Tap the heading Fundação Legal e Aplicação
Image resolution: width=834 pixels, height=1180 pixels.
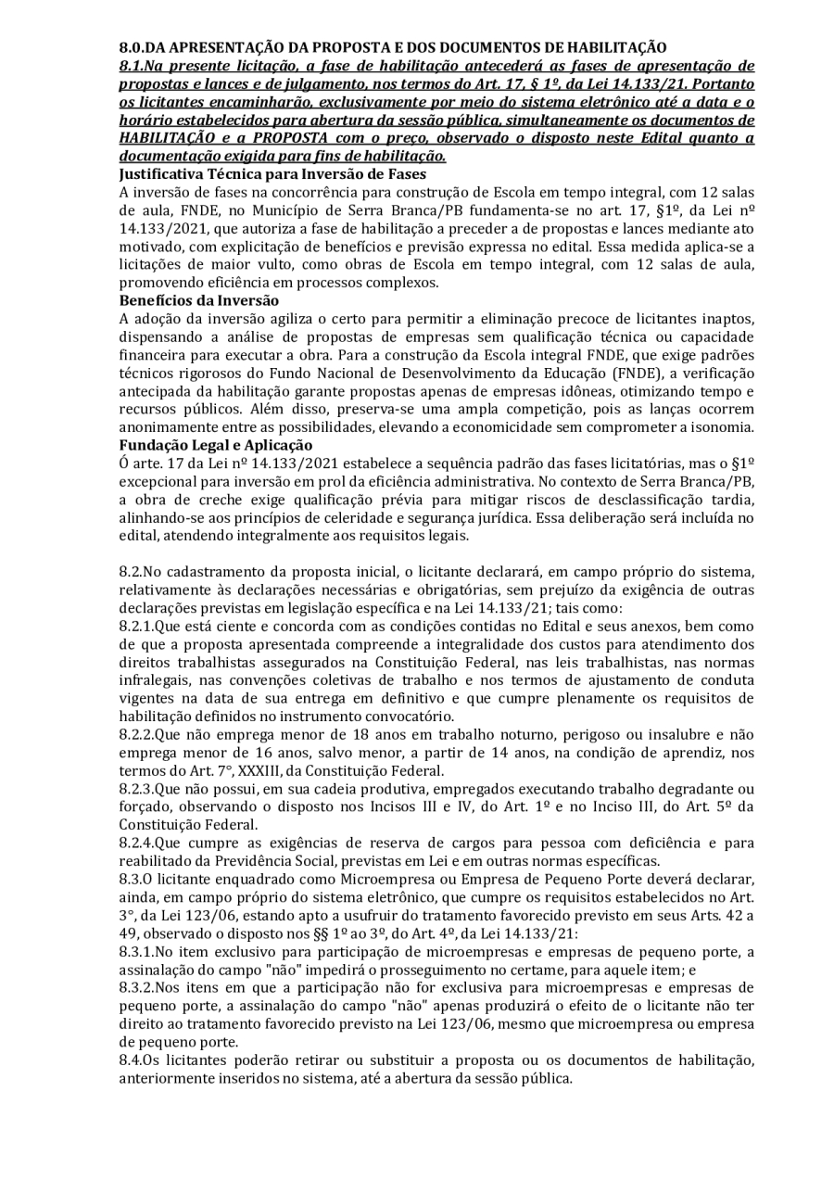216,445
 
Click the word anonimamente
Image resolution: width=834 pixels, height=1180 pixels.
163,427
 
